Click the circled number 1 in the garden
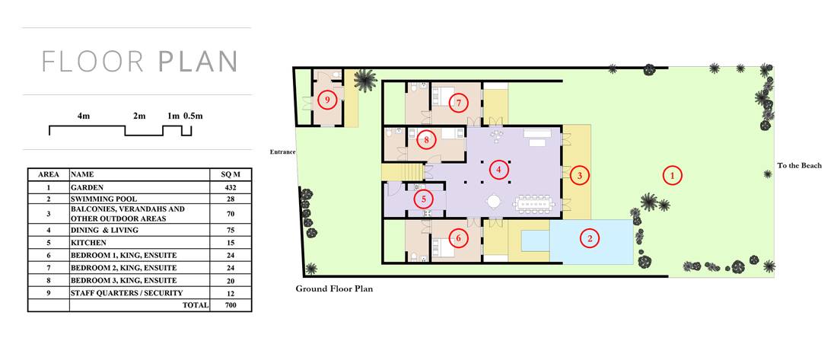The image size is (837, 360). pos(673,174)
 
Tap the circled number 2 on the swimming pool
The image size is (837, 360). pos(589,238)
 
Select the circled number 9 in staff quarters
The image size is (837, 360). pos(327,100)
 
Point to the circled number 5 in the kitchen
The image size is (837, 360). pos(424,199)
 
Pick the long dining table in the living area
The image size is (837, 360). pos(535,203)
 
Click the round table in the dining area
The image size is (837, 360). pos(494,202)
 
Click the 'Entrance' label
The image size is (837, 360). pos(282,152)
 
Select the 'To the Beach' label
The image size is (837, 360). pos(799,166)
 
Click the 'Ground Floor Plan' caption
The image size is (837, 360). pos(334,289)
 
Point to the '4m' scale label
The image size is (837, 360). pos(83,116)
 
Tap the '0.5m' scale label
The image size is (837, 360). pos(193,116)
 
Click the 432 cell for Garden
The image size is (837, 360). pos(231,187)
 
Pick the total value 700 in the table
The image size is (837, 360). pos(231,305)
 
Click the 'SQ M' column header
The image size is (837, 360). pos(231,174)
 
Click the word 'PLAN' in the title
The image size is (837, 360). pos(198,62)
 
